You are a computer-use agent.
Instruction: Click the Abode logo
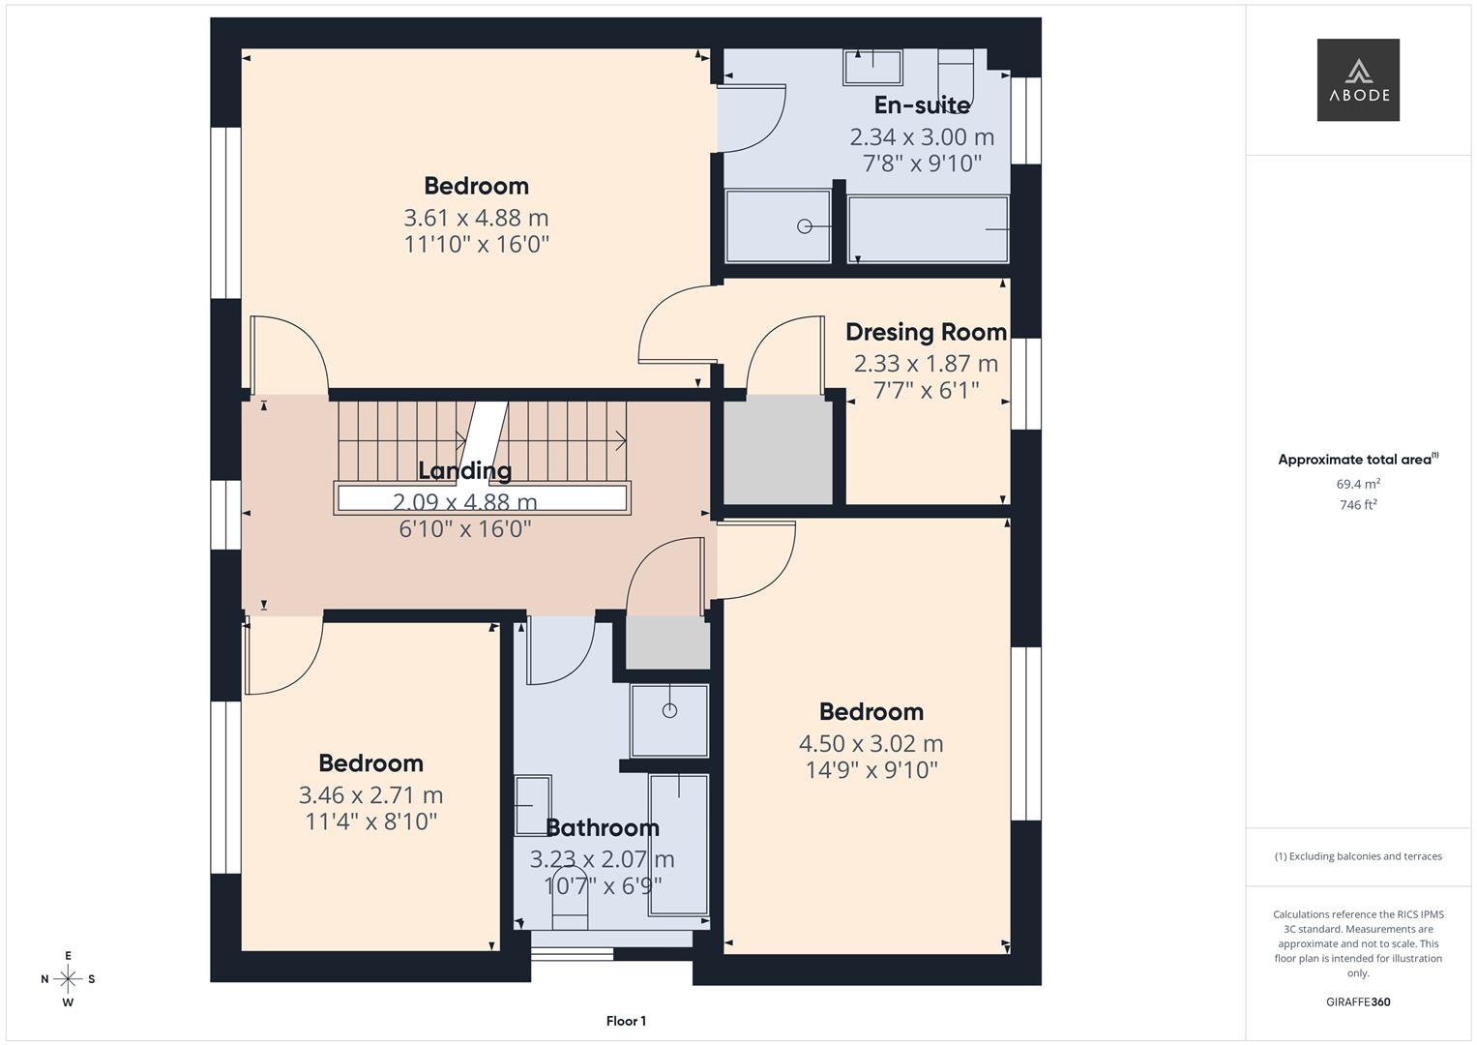tap(1358, 79)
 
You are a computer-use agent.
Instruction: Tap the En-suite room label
tap(922, 104)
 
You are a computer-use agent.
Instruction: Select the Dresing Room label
tap(926, 332)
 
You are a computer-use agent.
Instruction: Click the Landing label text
tap(465, 470)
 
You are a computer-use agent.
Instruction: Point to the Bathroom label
tap(603, 827)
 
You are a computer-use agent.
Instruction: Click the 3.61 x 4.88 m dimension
tap(476, 217)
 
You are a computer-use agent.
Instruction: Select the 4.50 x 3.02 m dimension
tap(871, 743)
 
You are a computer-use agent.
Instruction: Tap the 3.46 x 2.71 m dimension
tap(370, 795)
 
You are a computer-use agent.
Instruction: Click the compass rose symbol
tap(68, 979)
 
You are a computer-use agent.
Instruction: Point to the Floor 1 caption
tap(626, 1021)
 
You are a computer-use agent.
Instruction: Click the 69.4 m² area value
tap(1358, 484)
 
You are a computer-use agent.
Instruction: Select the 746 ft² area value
tap(1358, 505)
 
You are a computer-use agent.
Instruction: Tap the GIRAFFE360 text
tap(1358, 1001)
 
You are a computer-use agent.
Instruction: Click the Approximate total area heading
tap(1358, 460)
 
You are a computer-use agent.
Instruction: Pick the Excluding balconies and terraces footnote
tap(1358, 856)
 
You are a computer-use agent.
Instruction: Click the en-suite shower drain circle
tap(805, 226)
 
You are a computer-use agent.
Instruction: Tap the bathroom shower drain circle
tap(669, 710)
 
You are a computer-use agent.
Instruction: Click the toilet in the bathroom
tap(569, 899)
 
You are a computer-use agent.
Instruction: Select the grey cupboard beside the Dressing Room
tap(778, 450)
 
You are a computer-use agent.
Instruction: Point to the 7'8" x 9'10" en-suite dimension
tap(922, 163)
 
